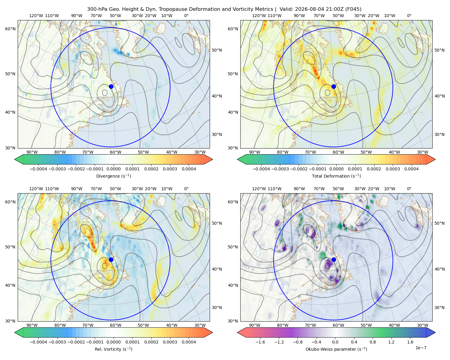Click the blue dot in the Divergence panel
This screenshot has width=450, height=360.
click(111, 86)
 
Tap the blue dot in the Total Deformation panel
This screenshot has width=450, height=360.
click(334, 86)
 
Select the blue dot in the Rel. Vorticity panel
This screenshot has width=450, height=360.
click(111, 259)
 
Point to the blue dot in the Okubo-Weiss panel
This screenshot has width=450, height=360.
click(334, 259)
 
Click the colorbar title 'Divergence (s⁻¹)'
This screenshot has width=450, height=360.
click(113, 176)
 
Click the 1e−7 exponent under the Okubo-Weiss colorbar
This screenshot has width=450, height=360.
click(421, 348)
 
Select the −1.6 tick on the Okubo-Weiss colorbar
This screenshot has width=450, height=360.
click(260, 342)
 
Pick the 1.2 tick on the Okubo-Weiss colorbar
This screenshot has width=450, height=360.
click(391, 342)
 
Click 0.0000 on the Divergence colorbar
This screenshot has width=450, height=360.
click(113, 169)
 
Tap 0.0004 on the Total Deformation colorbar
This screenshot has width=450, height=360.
click(412, 169)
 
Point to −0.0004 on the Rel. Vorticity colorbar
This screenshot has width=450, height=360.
click(38, 342)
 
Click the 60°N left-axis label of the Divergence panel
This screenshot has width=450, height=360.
click(10, 29)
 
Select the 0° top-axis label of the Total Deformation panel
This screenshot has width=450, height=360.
click(409, 16)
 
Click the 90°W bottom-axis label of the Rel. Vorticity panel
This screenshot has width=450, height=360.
click(32, 325)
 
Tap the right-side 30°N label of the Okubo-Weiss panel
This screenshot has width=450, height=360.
click(439, 307)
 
